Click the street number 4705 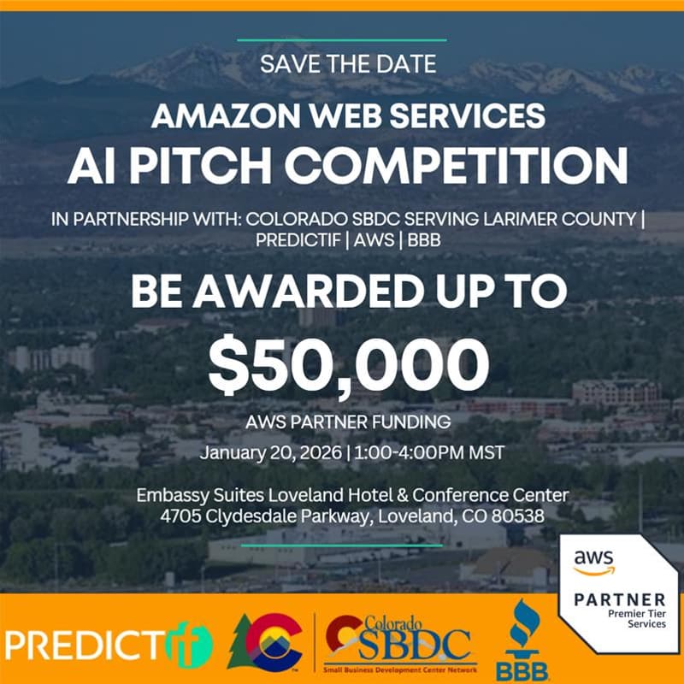click(x=181, y=516)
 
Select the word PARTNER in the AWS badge click(x=619, y=598)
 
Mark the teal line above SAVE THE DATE click(x=342, y=39)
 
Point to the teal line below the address click(x=342, y=545)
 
